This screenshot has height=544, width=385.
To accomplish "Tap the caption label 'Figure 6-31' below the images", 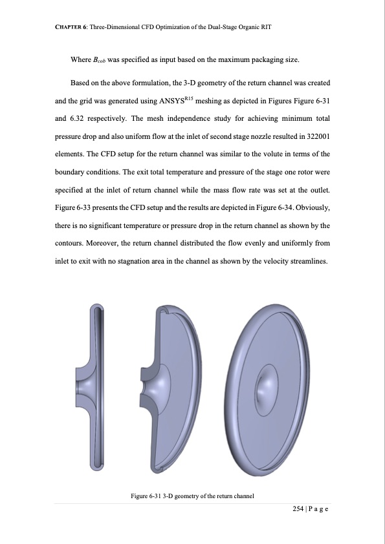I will click(148, 496).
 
